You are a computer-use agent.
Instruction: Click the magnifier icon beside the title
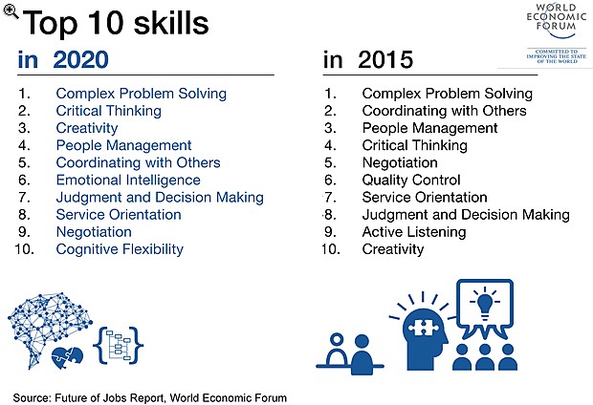pyautogui.click(x=11, y=11)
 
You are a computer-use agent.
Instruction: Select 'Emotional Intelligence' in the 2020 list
pyautogui.click(x=128, y=181)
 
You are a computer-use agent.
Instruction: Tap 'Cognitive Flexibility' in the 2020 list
pyautogui.click(x=120, y=249)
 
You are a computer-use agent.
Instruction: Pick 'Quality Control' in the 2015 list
pyautogui.click(x=411, y=180)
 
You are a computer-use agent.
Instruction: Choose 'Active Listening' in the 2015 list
pyautogui.click(x=414, y=232)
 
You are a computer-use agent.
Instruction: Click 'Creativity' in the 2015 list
pyautogui.click(x=392, y=249)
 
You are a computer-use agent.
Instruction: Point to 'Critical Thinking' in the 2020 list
pyautogui.click(x=108, y=111)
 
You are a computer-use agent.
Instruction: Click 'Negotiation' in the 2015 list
pyautogui.click(x=400, y=162)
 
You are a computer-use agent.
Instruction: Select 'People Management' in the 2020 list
pyautogui.click(x=123, y=145)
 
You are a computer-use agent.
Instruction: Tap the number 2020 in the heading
pyautogui.click(x=81, y=59)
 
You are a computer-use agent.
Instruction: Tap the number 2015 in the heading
pyautogui.click(x=385, y=59)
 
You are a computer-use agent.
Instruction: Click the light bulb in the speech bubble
pyautogui.click(x=485, y=305)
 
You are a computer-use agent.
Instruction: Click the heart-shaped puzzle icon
pyautogui.click(x=67, y=358)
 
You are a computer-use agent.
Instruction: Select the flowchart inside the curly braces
pyautogui.click(x=119, y=346)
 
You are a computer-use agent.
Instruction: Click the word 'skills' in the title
pyautogui.click(x=171, y=23)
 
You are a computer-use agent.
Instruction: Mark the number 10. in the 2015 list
pyautogui.click(x=331, y=249)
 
